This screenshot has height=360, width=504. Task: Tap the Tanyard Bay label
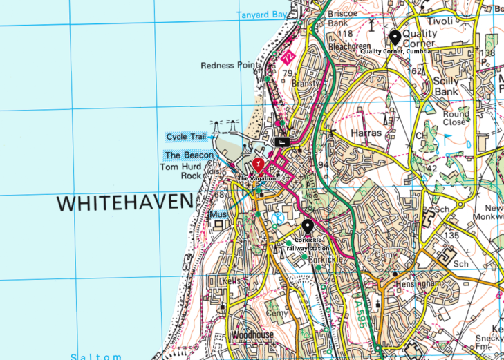coord(261,15)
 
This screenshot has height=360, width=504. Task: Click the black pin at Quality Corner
coord(395,37)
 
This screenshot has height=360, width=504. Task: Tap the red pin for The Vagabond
coord(258,164)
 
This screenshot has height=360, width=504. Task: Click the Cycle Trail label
coord(186,137)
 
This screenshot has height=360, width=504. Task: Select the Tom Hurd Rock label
coord(181,171)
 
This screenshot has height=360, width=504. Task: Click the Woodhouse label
coord(252,335)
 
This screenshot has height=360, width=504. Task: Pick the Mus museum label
coord(218,215)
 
